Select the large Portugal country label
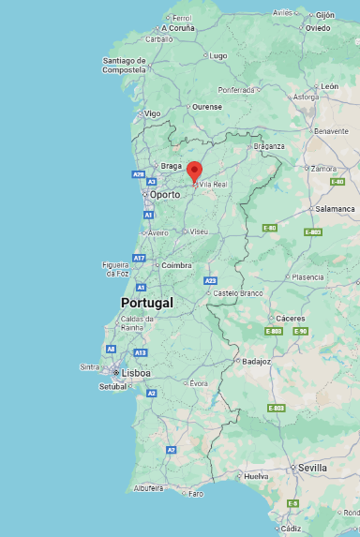point(147,303)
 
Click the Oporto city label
point(165,195)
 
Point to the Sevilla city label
point(312,467)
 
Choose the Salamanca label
point(335,209)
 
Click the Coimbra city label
point(176,265)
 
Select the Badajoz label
point(256,361)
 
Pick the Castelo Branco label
point(239,293)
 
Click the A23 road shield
point(210,280)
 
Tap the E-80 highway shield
point(270,228)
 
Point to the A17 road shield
point(140,257)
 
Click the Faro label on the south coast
point(195,493)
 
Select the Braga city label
point(172,166)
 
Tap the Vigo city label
point(152,113)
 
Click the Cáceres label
point(290,318)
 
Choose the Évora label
point(199,383)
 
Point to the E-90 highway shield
point(300,331)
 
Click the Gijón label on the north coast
point(324,15)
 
